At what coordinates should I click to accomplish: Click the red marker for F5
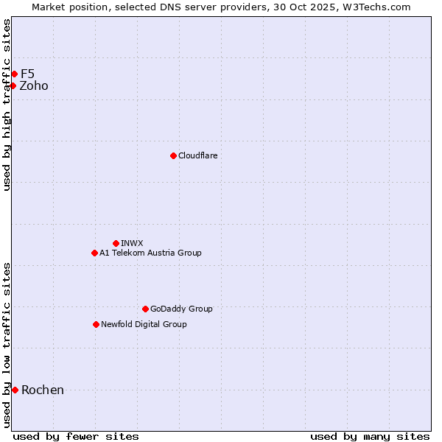pos(14,74)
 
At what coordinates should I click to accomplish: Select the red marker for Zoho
pos(13,85)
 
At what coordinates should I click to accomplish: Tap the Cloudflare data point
pos(173,155)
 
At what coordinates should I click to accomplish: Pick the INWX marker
pos(116,243)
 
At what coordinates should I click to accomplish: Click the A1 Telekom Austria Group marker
pos(94,253)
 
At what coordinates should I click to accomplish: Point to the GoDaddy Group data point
pos(145,309)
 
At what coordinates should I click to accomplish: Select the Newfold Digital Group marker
pos(96,324)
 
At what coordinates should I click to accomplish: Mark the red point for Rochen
pos(15,390)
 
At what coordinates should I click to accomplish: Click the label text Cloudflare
pos(197,155)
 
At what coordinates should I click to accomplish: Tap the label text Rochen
pos(43,390)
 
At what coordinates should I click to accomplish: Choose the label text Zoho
pos(34,85)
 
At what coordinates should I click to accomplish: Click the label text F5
pos(27,74)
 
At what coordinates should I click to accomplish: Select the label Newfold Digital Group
pos(144,324)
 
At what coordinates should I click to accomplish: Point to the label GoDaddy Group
pos(181,309)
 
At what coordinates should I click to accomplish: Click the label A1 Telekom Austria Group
pos(150,253)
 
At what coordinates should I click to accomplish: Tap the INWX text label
pos(132,243)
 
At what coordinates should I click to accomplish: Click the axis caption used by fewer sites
pos(76,436)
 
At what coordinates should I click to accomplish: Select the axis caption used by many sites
pos(370,436)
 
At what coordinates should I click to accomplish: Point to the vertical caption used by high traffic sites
pos(7,104)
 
